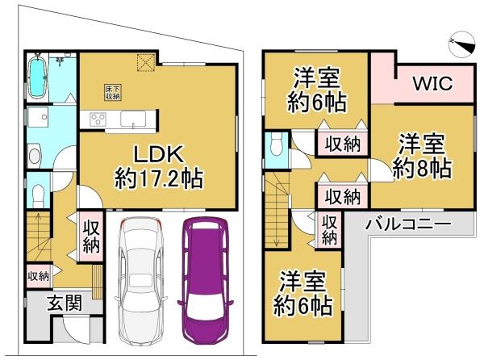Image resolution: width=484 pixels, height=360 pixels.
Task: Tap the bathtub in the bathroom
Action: (x=39, y=78)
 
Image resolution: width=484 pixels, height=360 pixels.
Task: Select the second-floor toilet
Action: (x=277, y=145)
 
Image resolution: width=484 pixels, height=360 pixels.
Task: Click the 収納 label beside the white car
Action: (x=90, y=235)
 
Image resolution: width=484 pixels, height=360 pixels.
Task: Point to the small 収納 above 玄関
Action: (x=38, y=276)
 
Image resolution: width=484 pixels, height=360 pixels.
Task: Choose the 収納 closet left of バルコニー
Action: (x=329, y=229)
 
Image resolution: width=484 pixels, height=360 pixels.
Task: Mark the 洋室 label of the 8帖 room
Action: (x=422, y=146)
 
